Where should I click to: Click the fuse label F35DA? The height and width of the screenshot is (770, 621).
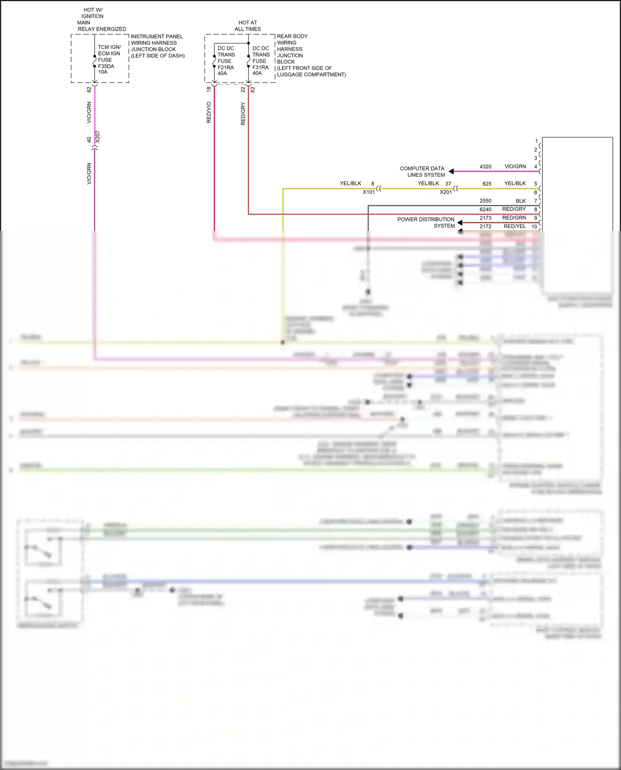[x=106, y=66]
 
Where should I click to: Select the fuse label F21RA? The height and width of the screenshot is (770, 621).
[x=226, y=67]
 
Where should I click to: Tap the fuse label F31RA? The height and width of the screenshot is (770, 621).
[x=260, y=67]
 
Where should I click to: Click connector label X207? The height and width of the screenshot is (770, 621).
[x=97, y=137]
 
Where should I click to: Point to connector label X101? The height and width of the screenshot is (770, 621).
[x=369, y=192]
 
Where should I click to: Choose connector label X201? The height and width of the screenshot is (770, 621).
[x=446, y=192]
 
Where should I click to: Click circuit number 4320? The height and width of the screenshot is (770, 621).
[x=485, y=167]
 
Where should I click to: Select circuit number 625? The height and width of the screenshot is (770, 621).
[x=487, y=184]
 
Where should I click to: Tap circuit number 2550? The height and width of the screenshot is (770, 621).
[x=485, y=201]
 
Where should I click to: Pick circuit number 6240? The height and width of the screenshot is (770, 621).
[x=485, y=209]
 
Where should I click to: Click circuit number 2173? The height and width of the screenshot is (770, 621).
[x=485, y=218]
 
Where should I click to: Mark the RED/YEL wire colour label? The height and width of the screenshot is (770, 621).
[x=515, y=226]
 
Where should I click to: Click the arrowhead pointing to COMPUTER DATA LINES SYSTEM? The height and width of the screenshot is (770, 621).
[x=451, y=171]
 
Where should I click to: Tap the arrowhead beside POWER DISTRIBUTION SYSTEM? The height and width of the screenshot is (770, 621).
[x=460, y=223]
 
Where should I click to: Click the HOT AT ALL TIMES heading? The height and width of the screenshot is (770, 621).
[x=248, y=26]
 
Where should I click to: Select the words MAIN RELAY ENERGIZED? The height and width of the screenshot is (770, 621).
[x=101, y=26]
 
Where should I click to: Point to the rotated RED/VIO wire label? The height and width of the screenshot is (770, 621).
[x=209, y=113]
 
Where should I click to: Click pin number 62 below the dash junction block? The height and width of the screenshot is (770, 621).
[x=89, y=89]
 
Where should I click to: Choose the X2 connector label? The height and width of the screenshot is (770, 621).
[x=253, y=89]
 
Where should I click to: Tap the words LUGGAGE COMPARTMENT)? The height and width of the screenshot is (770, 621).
[x=311, y=74]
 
